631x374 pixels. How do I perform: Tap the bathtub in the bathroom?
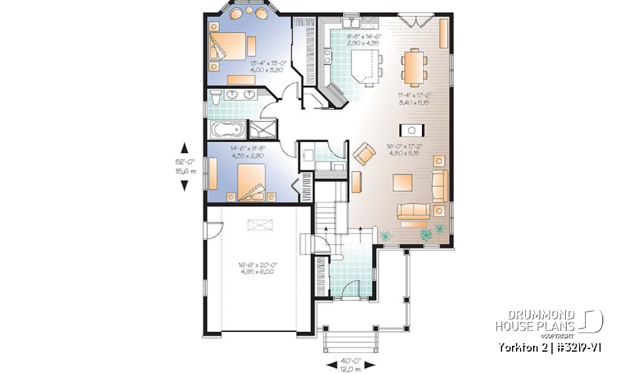227,129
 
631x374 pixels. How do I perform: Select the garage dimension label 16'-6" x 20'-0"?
258,269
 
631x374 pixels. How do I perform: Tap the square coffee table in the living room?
403,182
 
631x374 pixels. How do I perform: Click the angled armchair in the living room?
363,154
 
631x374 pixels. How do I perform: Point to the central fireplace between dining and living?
413,129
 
